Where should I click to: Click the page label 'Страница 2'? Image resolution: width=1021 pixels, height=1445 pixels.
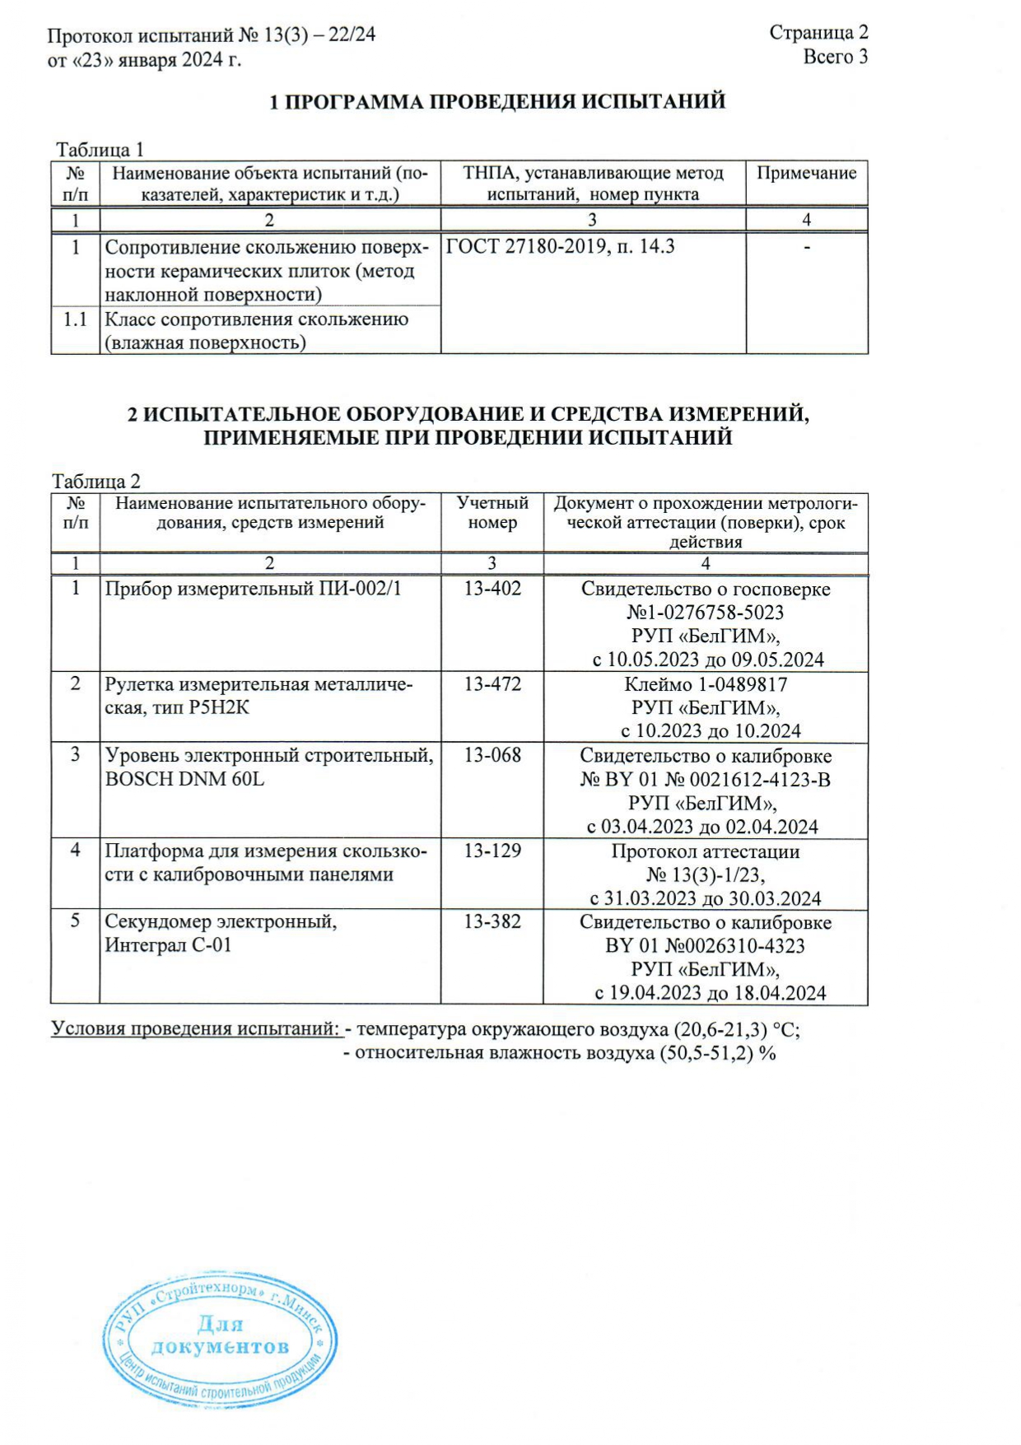coord(818,32)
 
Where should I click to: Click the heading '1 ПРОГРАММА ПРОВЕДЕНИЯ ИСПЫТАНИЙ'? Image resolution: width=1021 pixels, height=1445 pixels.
coord(497,101)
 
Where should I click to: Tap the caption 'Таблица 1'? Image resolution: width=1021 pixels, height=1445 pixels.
coord(100,149)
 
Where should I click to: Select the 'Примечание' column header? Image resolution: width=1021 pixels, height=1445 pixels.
coord(806,173)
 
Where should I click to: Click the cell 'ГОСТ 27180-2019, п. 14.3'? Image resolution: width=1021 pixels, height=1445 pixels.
coord(560,246)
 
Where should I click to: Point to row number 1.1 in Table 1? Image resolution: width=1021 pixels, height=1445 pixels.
coord(75,319)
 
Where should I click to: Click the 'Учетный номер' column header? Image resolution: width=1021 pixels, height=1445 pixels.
coord(492,512)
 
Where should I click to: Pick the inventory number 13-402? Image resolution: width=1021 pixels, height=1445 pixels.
coord(492,588)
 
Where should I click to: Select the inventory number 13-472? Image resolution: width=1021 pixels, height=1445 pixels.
coord(492,683)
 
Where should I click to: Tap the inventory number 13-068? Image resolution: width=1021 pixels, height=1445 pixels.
coord(492,755)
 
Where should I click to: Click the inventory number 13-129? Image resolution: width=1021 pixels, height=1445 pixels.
coord(492,851)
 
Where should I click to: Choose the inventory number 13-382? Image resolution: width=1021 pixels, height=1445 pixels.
coord(492,921)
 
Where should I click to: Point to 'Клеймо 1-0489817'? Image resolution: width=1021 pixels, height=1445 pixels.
coord(705,684)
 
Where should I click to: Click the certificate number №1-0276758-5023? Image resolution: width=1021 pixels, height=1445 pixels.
coord(705,613)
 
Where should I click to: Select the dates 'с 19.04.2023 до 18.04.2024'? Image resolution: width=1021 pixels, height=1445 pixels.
coord(710,993)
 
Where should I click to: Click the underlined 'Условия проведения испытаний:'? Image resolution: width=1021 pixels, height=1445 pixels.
coord(196,1028)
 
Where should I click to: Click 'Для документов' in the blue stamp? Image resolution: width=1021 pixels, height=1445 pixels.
coord(220,1335)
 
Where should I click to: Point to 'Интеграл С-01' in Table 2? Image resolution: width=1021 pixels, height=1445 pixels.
coord(168,945)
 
